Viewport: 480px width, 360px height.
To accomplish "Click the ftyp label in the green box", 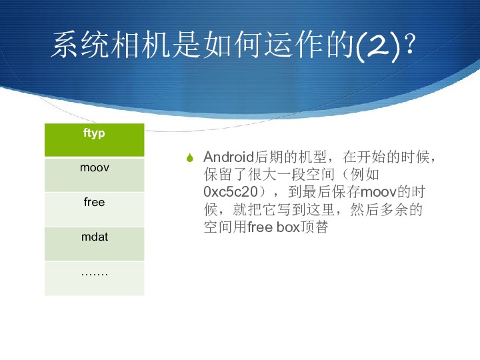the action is tap(94, 133).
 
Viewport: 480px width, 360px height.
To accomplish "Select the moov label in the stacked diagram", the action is tap(95, 167).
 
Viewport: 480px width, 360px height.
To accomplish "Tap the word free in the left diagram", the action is tap(94, 202).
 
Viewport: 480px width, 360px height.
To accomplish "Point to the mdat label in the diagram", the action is tap(95, 237).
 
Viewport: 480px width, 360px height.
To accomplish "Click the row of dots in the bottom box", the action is tap(95, 275).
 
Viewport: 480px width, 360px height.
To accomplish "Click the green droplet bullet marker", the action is tap(190, 157).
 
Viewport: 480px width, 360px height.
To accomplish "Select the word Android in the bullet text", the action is tap(229, 157).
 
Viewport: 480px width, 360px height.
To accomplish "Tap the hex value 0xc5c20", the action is tap(231, 192).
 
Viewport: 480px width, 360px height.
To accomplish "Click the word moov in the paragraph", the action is tap(379, 192).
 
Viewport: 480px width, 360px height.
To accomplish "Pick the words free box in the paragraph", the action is tap(273, 227).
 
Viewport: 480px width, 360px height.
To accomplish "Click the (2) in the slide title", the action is tap(379, 46).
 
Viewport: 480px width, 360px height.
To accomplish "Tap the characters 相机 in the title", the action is tap(141, 45).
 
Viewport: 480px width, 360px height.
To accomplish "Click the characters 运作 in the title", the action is tap(294, 45).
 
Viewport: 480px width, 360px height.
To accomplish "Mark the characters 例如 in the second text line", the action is tap(365, 175).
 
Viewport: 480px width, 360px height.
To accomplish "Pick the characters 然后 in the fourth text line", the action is tap(365, 210).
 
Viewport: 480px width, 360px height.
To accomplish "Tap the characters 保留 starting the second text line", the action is tap(218, 175).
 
